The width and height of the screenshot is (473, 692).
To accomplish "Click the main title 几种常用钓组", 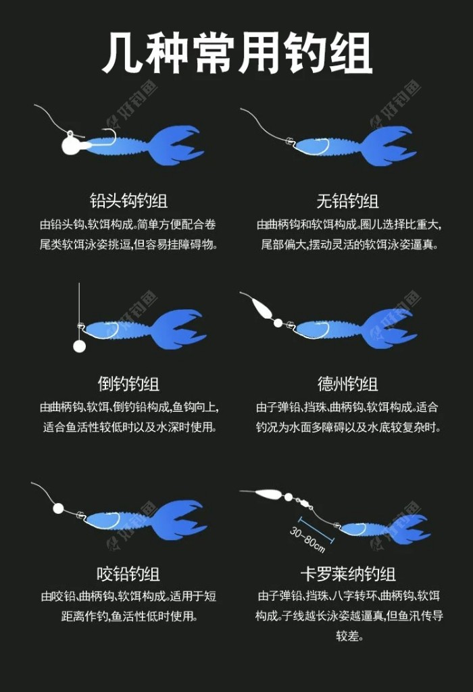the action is click(x=237, y=53).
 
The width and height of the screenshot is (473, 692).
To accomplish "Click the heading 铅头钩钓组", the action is click(x=128, y=201).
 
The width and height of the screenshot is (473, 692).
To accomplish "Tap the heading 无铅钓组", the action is click(x=347, y=201).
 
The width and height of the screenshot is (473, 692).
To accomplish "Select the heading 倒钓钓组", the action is click(x=128, y=383).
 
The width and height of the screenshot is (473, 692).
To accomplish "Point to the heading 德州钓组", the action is click(x=347, y=383).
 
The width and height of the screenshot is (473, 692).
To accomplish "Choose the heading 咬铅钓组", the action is click(x=128, y=574).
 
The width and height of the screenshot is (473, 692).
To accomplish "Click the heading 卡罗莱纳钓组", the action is click(x=348, y=574).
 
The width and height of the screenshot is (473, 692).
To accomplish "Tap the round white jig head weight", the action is click(x=71, y=144).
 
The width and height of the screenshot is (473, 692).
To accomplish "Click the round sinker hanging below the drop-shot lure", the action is click(x=79, y=346).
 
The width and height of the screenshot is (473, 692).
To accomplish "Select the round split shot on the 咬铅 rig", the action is click(x=58, y=508).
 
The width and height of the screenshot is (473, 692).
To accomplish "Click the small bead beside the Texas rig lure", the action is click(x=278, y=323).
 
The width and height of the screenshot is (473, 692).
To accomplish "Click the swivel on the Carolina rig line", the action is click(x=304, y=502).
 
